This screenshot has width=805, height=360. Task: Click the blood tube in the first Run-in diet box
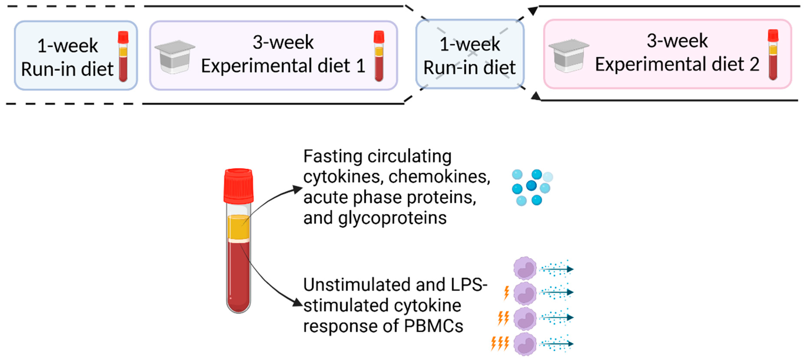pyautogui.click(x=123, y=56)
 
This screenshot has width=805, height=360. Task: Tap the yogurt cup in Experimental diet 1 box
pyautogui.click(x=175, y=57)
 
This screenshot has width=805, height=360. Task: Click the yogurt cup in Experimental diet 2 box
pyautogui.click(x=569, y=56)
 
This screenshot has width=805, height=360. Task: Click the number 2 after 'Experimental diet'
pyautogui.click(x=754, y=65)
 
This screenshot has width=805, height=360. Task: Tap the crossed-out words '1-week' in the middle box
pyautogui.click(x=470, y=44)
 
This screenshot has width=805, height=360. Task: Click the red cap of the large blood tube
pyautogui.click(x=238, y=186)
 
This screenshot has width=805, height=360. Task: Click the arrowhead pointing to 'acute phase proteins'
pyautogui.click(x=297, y=189)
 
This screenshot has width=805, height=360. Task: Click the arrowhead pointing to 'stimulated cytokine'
pyautogui.click(x=297, y=302)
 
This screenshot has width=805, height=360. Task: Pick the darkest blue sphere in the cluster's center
pyautogui.click(x=531, y=186)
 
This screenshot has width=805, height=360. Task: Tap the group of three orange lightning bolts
pyautogui.click(x=500, y=343)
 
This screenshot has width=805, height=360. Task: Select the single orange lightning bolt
pyautogui.click(x=506, y=293)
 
